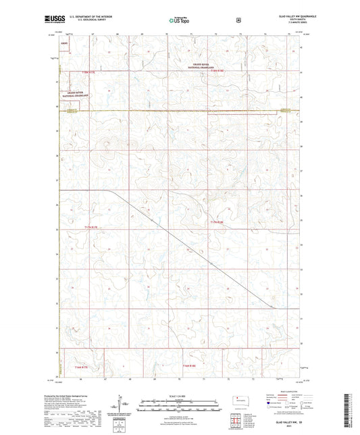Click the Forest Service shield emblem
(238, 20)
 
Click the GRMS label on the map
(64, 43)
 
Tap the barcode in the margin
(352, 413)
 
